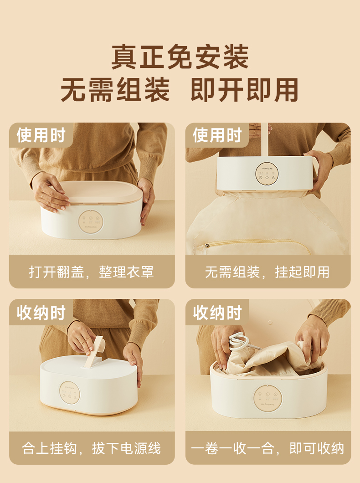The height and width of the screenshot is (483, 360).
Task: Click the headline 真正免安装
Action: [180, 57]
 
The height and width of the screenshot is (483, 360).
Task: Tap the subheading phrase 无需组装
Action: [115, 90]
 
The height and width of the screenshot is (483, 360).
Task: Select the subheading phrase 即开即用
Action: [244, 90]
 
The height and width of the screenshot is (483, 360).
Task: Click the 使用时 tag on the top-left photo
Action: [41, 135]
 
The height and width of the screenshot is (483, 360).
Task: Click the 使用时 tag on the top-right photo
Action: [217, 135]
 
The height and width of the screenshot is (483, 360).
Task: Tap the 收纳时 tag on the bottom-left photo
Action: [41, 313]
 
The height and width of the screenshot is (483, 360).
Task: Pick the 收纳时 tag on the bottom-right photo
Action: [217, 313]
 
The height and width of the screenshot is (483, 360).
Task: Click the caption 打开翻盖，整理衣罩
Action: [92, 272]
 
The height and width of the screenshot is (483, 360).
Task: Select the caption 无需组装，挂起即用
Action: [267, 272]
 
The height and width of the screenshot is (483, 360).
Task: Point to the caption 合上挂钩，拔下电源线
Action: [92, 448]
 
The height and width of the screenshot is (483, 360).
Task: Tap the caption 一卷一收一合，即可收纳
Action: [267, 448]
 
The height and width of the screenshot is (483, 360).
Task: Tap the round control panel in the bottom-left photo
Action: [70, 393]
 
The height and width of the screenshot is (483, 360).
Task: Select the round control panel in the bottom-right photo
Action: [267, 399]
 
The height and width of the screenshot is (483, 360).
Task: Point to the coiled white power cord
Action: [239, 341]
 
